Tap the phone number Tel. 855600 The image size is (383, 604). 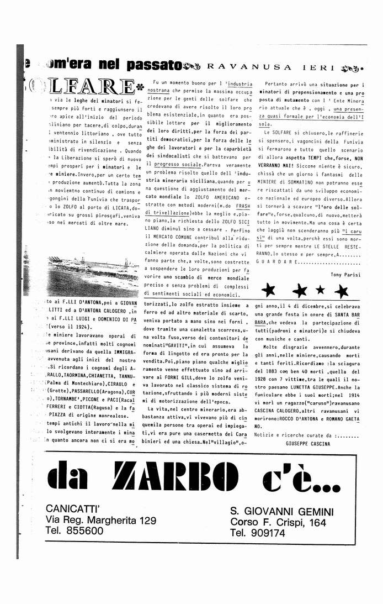tap(75, 531)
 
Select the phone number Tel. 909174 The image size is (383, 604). tap(258, 533)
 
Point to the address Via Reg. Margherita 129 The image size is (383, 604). tap(101, 519)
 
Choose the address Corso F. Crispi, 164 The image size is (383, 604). tap(278, 522)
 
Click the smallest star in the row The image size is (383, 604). tap(320, 290)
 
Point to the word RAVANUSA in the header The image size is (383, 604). tap(245, 67)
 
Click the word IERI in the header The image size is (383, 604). tap(321, 67)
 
